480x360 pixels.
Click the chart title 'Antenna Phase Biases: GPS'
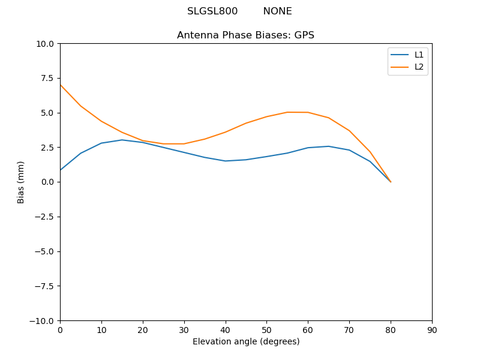(x=245, y=35)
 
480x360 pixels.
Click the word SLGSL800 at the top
(x=212, y=11)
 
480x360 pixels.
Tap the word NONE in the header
(x=277, y=11)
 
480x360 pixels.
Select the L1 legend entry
(x=419, y=55)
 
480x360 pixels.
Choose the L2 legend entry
(x=419, y=67)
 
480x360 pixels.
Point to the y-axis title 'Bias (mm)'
(x=21, y=182)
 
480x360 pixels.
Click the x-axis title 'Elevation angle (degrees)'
(x=246, y=341)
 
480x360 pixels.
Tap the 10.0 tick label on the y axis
(x=46, y=44)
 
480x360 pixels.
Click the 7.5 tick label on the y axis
(x=48, y=78)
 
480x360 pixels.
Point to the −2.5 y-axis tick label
(x=44, y=217)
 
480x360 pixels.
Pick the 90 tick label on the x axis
(x=432, y=330)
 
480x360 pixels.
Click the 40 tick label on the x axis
(x=226, y=330)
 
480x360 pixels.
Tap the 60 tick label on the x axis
(x=308, y=330)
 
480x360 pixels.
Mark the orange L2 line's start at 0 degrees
(x=60, y=85)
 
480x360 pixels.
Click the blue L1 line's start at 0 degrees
(x=60, y=170)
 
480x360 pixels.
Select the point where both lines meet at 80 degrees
(x=391, y=182)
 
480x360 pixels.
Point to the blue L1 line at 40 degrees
(x=226, y=161)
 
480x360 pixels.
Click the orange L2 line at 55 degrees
(x=287, y=112)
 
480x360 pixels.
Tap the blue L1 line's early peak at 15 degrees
(x=122, y=140)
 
